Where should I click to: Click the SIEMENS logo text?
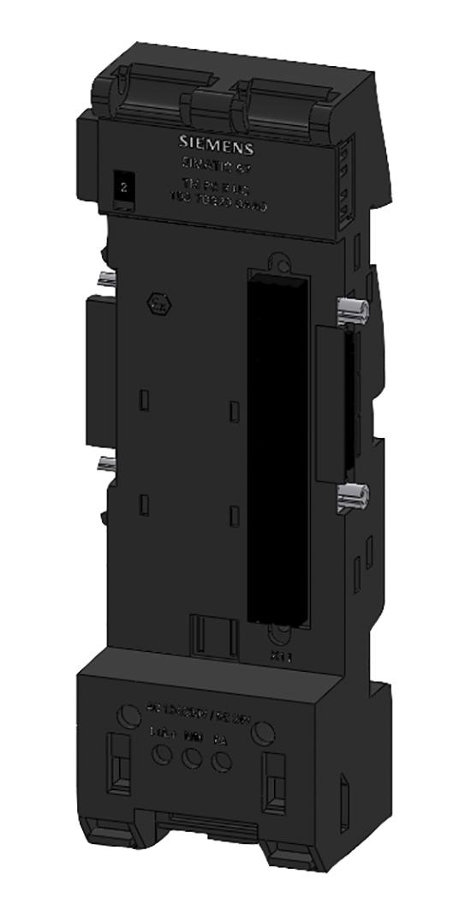click(x=210, y=143)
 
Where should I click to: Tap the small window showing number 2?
click(x=124, y=184)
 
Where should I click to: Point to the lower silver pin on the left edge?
click(x=106, y=464)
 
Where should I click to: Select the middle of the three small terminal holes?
click(x=191, y=757)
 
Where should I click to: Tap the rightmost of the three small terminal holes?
click(x=222, y=761)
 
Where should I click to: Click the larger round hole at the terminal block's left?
click(x=128, y=714)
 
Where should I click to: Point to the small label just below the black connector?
click(x=278, y=656)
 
